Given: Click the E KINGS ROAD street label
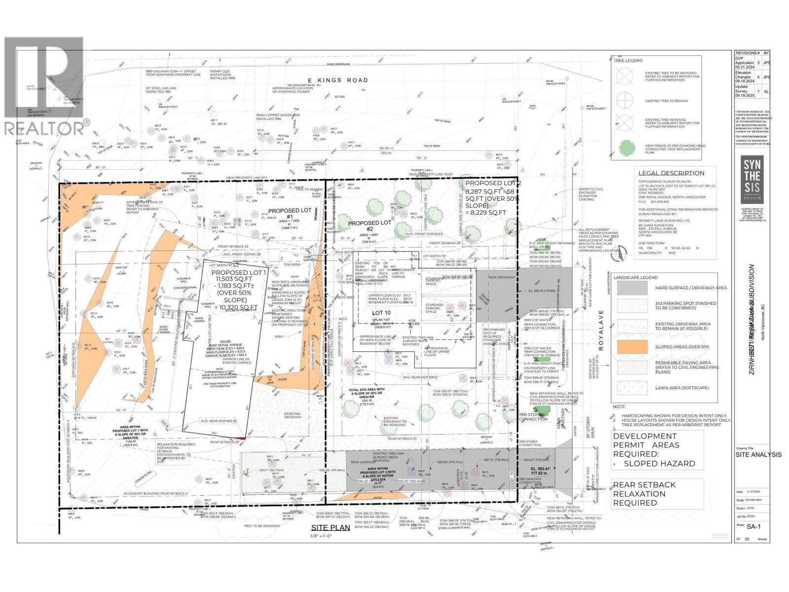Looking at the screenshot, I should click(338, 80).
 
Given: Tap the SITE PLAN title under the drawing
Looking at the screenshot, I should click(330, 527).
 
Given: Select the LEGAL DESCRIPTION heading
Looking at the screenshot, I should click(671, 173).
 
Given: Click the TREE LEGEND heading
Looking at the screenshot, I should click(628, 60).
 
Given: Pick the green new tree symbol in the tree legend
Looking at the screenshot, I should click(626, 148).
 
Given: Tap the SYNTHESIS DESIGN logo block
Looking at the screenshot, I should click(752, 180).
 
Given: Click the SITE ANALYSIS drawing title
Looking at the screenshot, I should click(758, 454).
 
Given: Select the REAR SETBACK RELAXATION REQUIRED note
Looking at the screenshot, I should click(645, 493).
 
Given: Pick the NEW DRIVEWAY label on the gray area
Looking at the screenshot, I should click(502, 277).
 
